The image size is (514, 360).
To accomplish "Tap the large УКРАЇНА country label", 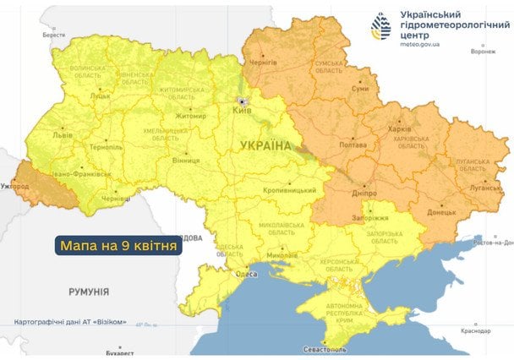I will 265,146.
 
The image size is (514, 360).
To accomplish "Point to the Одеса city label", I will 246,274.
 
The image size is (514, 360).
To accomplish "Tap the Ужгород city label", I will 14,186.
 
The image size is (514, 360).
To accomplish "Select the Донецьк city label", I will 441,212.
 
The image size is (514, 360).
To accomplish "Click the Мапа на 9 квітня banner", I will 118,246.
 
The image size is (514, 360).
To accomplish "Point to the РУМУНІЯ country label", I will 88,291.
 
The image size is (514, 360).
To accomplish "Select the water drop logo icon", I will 384,27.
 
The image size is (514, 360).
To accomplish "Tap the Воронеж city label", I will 483,52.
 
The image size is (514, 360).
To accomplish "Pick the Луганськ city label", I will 485,188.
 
